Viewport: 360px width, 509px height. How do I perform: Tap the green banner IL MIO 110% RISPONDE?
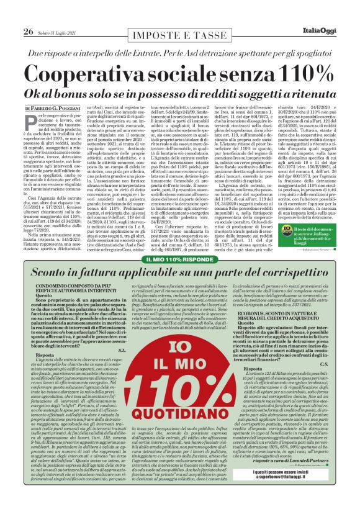click(180, 259)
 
